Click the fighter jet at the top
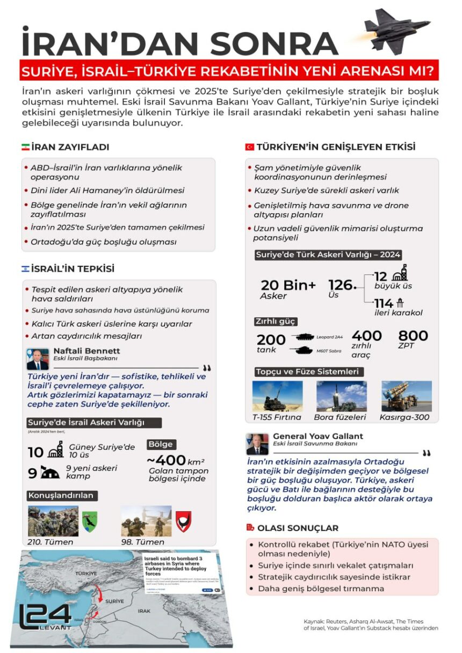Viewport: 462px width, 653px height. coord(397,32)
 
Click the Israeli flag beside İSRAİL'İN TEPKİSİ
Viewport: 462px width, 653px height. coord(25,269)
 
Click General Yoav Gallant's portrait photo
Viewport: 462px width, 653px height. coord(257,444)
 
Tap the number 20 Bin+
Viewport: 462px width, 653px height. coord(288,286)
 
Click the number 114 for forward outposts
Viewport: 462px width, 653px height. coord(384,303)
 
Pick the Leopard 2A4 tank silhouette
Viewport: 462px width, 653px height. coord(302,337)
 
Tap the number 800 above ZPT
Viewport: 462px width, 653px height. coord(413,336)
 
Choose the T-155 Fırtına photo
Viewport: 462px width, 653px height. coord(277,396)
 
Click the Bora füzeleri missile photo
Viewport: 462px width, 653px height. coord(342,396)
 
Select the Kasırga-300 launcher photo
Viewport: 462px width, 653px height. coord(406,396)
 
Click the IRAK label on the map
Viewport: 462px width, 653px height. coord(144,611)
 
